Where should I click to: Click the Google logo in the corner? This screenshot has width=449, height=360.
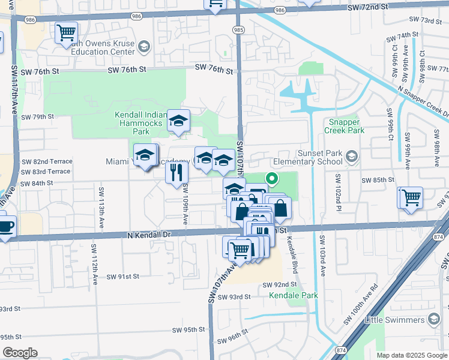20,353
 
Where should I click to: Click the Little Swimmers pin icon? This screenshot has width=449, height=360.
433,319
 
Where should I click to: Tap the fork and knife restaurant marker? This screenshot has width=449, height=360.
176,172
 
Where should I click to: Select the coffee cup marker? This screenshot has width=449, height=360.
5,226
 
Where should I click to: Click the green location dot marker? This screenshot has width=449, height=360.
271,178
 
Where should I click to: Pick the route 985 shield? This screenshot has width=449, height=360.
239,29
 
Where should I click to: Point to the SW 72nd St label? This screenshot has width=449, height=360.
367,7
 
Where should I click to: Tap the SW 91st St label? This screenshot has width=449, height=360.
122,277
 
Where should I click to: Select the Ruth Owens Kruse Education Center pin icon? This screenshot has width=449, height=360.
143,46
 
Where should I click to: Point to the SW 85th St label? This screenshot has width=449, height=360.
378,179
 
